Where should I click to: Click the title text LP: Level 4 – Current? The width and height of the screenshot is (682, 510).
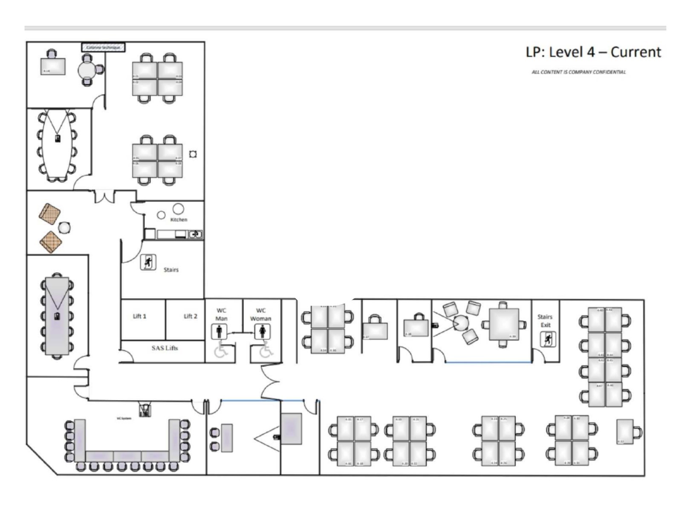click(x=593, y=52)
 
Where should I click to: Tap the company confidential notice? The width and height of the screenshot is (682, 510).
click(x=578, y=72)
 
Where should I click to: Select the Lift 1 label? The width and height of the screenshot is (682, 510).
click(x=139, y=316)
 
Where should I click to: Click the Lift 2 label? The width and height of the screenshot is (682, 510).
click(x=190, y=316)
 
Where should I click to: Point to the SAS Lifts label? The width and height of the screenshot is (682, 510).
click(x=165, y=348)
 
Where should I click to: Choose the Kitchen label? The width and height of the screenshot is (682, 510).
click(x=179, y=219)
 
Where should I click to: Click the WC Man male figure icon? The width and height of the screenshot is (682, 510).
click(x=219, y=331)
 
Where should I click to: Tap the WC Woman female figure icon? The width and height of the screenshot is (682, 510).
click(x=262, y=331)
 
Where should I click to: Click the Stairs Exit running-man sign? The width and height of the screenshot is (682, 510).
click(x=548, y=339)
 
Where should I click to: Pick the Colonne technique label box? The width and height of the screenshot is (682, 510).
click(x=103, y=47)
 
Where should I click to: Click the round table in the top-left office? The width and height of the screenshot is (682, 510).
click(x=88, y=69)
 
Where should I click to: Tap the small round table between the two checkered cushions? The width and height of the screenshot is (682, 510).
click(x=64, y=228)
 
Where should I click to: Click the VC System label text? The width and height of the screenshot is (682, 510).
click(x=124, y=418)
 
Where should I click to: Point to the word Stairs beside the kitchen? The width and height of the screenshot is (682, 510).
click(x=171, y=270)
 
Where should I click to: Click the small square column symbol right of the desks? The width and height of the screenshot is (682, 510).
click(x=193, y=154)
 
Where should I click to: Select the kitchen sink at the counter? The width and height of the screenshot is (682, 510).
click(x=195, y=234)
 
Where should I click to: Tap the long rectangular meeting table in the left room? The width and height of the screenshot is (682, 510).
click(x=57, y=315)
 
